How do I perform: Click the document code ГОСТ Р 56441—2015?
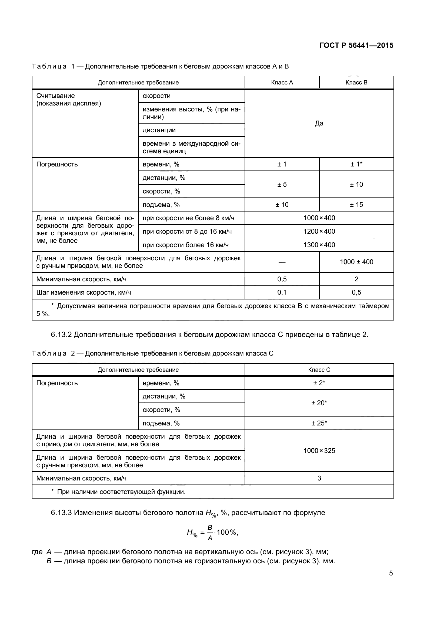pos(356,45)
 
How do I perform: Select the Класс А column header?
pos(282,83)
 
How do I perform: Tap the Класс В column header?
pos(356,83)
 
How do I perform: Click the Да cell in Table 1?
pos(319,123)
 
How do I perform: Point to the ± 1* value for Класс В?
pos(356,164)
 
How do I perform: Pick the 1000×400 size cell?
pos(319,218)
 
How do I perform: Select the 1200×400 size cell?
pos(319,231)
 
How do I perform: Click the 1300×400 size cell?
pos(319,245)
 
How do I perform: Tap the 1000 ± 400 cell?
pos(356,262)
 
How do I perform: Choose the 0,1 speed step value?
pos(282,292)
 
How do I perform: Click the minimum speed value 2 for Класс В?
pos(356,279)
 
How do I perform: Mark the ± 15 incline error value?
pos(356,205)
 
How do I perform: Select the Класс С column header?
pos(319,370)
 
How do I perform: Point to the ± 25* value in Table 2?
pos(319,423)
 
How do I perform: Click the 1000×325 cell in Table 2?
pos(319,451)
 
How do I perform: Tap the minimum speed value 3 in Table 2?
pos(319,478)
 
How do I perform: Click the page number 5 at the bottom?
pos(391,573)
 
